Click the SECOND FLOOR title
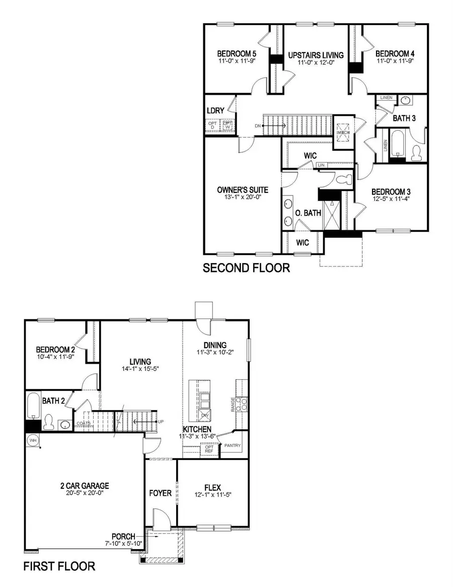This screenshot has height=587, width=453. [x=246, y=268]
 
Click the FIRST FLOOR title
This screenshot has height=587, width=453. [x=59, y=566]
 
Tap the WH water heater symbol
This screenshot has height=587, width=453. [x=33, y=440]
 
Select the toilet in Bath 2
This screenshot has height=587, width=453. [x=49, y=422]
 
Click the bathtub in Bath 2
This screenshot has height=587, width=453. [x=33, y=405]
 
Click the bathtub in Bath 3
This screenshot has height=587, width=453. [x=397, y=143]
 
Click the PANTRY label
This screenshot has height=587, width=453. [x=233, y=445]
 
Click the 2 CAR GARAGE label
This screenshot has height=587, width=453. [x=82, y=486]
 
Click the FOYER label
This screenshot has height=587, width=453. [x=161, y=493]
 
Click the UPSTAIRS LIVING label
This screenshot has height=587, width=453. [x=316, y=55]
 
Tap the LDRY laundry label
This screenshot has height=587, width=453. [x=215, y=110]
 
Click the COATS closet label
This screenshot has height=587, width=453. [x=84, y=423]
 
